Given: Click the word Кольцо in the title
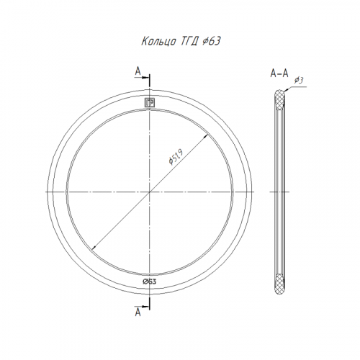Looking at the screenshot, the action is (x=158, y=41).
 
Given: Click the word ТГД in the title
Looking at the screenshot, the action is (x=189, y=42).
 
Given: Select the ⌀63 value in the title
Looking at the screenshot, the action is (x=211, y=41).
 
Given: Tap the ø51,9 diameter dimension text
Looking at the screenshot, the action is (x=176, y=157).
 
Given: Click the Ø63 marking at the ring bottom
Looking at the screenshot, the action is (x=149, y=282).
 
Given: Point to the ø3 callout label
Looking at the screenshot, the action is (x=299, y=80).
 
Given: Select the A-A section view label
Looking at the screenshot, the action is (x=279, y=73).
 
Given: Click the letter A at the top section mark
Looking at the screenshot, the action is (x=138, y=71).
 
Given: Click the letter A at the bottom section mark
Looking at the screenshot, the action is (x=138, y=312).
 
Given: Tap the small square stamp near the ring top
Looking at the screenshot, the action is (x=150, y=103).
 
